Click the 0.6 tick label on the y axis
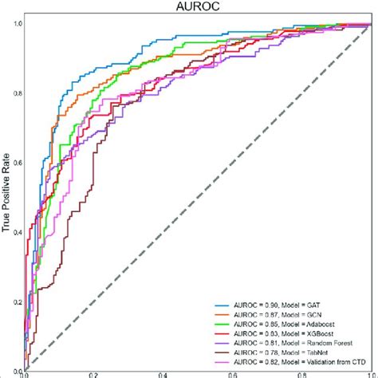pyautogui.click(x=17, y=163)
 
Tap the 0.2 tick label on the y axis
pyautogui.click(x=17, y=301)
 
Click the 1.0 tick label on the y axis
pyautogui.click(x=17, y=25)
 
